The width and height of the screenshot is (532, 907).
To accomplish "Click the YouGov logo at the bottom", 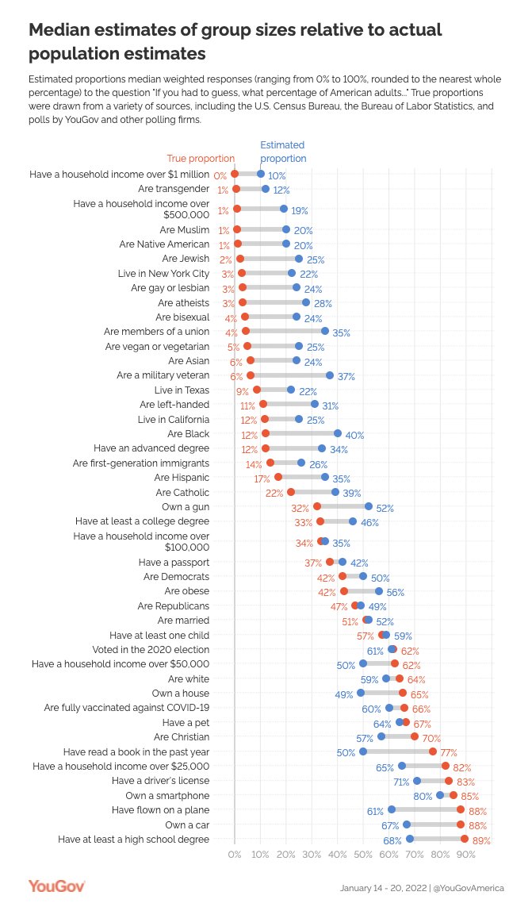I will (56, 886).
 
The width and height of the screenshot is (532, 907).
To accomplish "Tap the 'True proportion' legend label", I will (201, 158).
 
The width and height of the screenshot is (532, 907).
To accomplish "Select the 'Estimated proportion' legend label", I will (282, 152).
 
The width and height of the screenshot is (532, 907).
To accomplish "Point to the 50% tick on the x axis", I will (363, 855).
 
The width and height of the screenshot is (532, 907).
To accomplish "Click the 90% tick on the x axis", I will (466, 855).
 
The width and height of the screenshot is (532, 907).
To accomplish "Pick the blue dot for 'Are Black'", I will (338, 433).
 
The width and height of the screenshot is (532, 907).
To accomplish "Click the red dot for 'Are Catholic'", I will (291, 492).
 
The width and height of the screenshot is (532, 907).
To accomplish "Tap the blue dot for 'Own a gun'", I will (369, 506).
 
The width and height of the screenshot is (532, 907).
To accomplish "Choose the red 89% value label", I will (481, 840).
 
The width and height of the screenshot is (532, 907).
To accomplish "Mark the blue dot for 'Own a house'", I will (361, 693).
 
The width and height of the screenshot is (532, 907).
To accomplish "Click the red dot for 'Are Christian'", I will (415, 736).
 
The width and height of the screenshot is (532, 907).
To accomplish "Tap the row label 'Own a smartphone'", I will (167, 795).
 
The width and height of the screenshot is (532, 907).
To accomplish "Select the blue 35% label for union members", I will (341, 332).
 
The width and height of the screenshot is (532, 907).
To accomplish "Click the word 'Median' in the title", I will (62, 30).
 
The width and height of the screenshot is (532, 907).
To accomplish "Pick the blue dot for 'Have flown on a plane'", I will (392, 809).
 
